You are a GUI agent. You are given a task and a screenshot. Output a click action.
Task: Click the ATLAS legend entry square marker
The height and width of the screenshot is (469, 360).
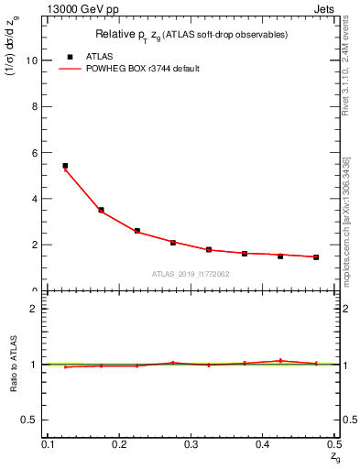pyautogui.click(x=70, y=57)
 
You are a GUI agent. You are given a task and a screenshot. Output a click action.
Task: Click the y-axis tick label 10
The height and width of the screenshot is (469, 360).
pyautogui.click(x=33, y=60)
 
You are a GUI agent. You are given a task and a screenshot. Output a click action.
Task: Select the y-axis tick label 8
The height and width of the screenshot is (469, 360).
pyautogui.click(x=36, y=106)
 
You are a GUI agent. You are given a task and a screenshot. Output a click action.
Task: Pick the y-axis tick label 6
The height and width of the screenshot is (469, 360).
pyautogui.click(x=36, y=152)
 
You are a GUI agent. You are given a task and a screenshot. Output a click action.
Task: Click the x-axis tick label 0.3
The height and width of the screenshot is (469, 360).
pyautogui.click(x=191, y=444)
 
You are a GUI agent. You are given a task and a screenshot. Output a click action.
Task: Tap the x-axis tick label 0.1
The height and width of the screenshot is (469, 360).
pyautogui.click(x=48, y=444)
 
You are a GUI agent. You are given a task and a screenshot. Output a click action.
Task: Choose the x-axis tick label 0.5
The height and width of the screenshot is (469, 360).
pyautogui.click(x=333, y=444)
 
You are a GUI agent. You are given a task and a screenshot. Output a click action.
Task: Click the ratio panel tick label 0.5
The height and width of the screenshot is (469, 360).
pyautogui.click(x=31, y=420)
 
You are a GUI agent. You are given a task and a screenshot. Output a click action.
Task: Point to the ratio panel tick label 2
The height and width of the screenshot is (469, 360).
pyautogui.click(x=36, y=309)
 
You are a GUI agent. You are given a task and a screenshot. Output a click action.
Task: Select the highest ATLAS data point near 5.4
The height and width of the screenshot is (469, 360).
pyautogui.click(x=65, y=166)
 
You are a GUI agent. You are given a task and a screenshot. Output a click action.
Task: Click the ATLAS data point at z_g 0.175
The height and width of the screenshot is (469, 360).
pyautogui.click(x=101, y=210)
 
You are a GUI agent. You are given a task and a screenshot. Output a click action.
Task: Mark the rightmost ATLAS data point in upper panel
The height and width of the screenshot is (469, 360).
pyautogui.click(x=316, y=257)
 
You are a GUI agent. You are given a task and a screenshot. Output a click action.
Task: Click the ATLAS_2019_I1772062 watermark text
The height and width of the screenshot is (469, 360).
pyautogui.click(x=191, y=274)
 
